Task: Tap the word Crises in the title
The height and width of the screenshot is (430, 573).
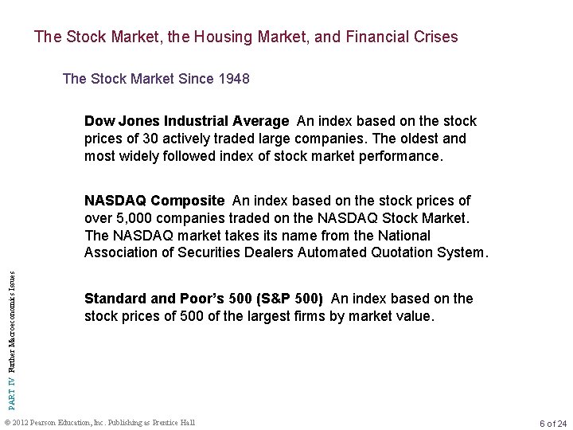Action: coord(435,37)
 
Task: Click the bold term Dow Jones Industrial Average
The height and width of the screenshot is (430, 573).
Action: coord(186,121)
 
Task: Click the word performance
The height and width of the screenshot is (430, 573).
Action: coord(400,156)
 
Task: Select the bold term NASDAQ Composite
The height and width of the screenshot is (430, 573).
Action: coord(155,201)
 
